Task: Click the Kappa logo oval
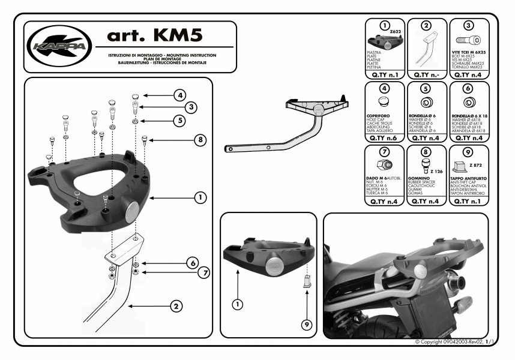59,47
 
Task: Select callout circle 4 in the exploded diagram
180,95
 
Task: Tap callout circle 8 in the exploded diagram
200,140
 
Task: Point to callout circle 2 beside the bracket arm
176,307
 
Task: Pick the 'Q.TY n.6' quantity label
385,138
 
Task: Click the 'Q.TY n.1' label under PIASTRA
385,75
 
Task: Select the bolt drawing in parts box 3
466,40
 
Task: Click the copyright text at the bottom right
454,341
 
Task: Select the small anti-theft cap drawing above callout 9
306,280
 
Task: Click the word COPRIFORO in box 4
378,115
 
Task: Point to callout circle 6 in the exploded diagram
192,263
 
